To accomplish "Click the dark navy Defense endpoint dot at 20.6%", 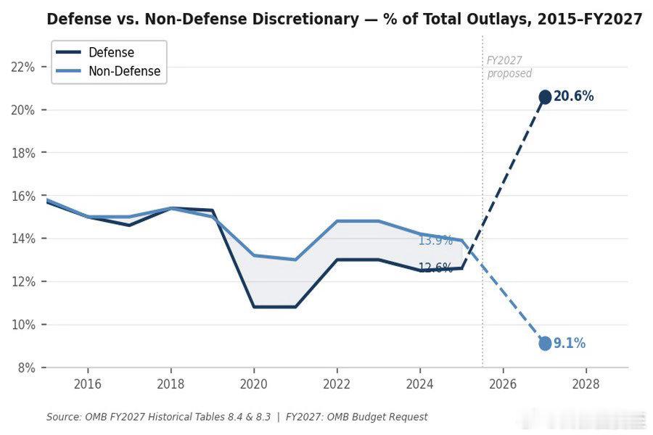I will click(545, 96).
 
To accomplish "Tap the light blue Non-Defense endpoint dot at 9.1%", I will click(545, 343).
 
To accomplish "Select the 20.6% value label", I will click(574, 96).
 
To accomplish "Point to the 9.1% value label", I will click(570, 344).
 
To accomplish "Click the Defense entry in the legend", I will click(111, 52).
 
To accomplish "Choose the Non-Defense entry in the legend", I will click(124, 71).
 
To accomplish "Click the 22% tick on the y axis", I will click(24, 67).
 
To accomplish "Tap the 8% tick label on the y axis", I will click(26, 368).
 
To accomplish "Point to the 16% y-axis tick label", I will click(24, 196).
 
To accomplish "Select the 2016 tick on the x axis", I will click(87, 384).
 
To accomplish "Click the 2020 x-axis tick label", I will click(254, 384).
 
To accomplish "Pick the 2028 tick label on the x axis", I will click(586, 384).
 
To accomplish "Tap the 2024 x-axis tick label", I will click(420, 384).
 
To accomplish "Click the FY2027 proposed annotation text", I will click(509, 67).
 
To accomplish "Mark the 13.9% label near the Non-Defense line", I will click(435, 240).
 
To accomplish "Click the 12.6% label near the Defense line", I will click(435, 268).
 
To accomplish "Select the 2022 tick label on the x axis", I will click(337, 384).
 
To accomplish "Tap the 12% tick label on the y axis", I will click(24, 281).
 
